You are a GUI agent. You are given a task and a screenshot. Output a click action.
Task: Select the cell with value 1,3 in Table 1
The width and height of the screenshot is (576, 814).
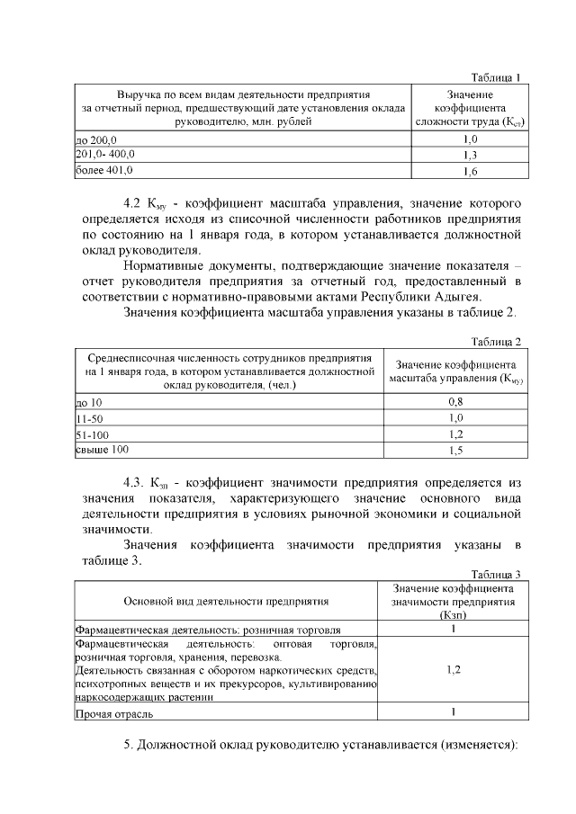tap(469, 155)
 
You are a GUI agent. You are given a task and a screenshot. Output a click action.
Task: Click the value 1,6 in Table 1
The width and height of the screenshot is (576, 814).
tap(469, 170)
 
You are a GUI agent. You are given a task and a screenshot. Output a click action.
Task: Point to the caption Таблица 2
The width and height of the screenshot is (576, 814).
tap(496, 341)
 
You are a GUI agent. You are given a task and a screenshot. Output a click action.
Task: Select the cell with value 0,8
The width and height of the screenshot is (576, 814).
tap(455, 403)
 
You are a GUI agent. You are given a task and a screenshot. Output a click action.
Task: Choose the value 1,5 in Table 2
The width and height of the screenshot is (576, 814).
tap(455, 450)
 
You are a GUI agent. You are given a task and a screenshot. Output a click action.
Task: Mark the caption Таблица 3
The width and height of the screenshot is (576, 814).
tap(496, 575)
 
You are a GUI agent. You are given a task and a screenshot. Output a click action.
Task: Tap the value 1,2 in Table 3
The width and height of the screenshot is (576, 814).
tap(453, 670)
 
